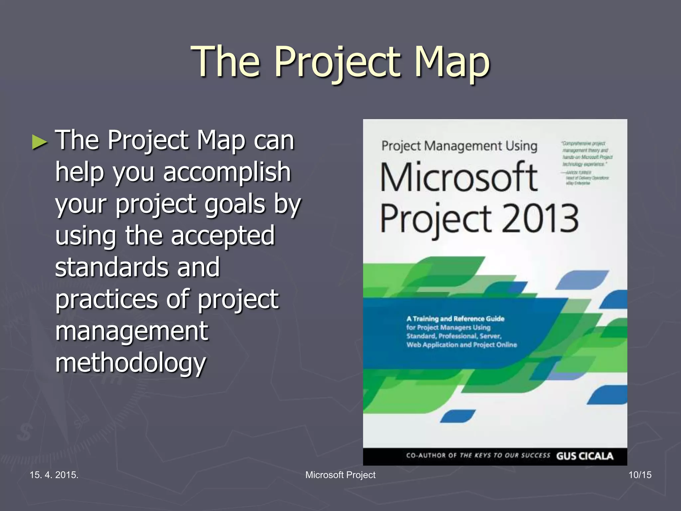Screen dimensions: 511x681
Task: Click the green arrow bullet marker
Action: tap(40, 142)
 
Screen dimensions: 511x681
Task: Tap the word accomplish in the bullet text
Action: tap(227, 172)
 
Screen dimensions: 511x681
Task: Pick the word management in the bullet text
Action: tap(131, 331)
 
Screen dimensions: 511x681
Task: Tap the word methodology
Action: tap(130, 363)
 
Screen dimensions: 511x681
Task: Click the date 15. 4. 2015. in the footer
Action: tap(54, 475)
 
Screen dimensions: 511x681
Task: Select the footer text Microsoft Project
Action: tap(340, 475)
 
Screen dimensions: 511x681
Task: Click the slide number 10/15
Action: tap(640, 475)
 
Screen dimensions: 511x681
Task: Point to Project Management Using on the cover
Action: tap(459, 146)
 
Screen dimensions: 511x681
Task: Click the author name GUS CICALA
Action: tap(585, 456)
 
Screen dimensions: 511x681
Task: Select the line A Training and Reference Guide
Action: tap(455, 319)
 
